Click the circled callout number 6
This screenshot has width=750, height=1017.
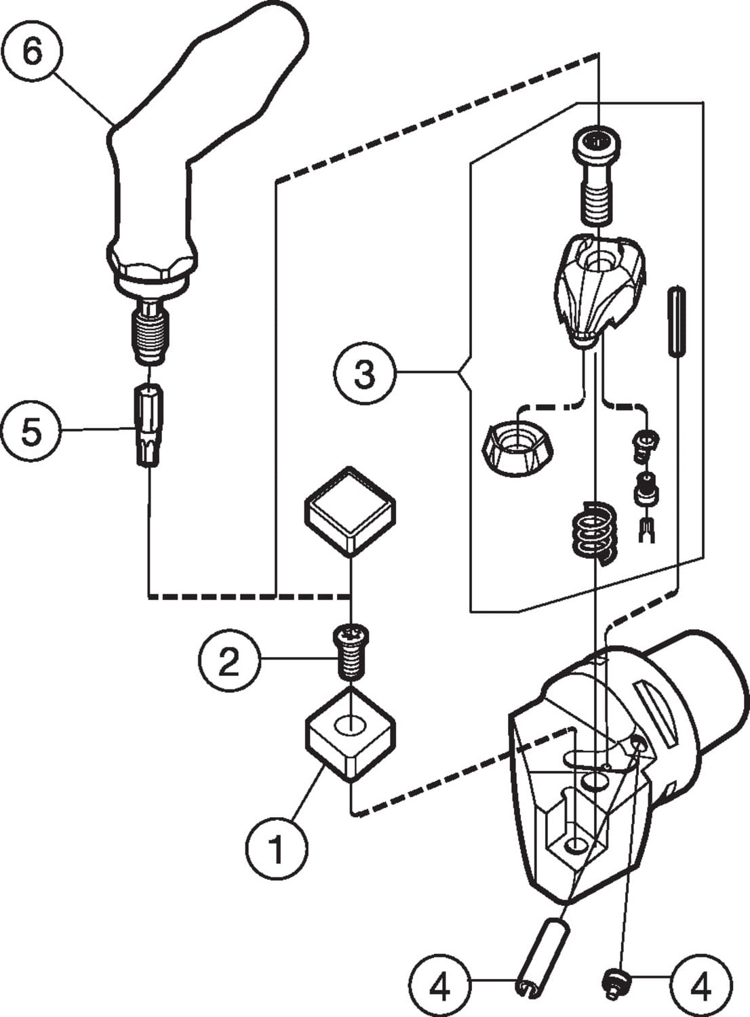point(32,51)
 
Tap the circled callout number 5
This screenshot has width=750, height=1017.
point(31,432)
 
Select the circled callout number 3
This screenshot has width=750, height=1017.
point(364,372)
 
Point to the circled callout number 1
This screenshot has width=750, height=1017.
point(276,848)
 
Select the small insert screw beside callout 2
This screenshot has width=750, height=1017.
point(350,652)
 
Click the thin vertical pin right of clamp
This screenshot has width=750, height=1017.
point(676,321)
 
